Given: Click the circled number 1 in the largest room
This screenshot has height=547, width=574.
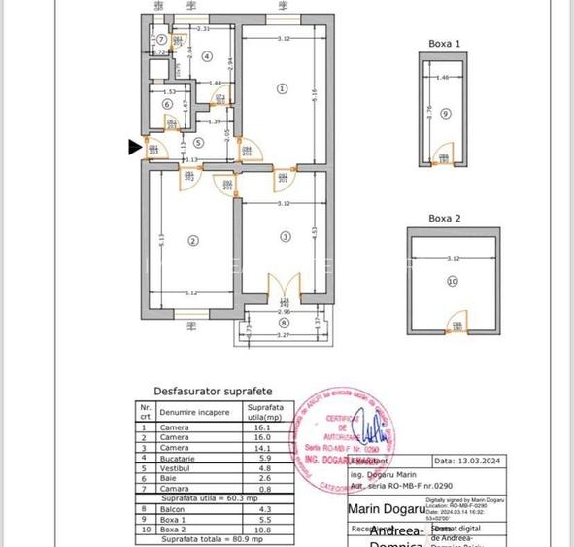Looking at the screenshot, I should (283, 87).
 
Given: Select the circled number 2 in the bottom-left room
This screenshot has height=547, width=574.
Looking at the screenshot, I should (193, 241).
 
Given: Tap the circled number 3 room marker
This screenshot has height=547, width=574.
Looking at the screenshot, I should (285, 236).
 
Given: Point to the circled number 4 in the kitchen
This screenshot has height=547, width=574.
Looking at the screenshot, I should (206, 56).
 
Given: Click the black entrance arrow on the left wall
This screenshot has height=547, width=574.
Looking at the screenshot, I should (135, 147).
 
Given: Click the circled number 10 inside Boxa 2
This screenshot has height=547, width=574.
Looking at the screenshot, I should (452, 282).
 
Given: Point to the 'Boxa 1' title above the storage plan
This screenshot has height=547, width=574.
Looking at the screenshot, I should (444, 44).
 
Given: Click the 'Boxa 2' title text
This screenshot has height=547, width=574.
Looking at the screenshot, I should (444, 219).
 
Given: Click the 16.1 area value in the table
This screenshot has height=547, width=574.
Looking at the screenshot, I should (258, 427).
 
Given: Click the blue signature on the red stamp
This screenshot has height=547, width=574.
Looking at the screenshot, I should (370, 427).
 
